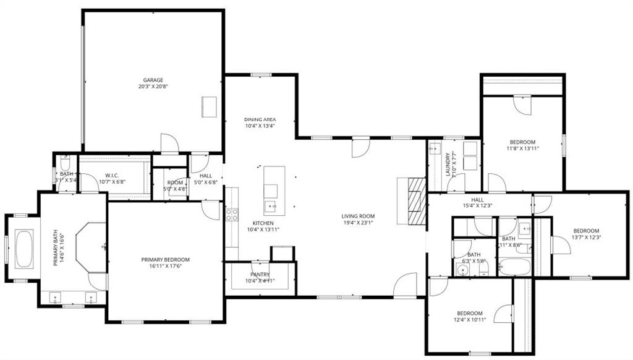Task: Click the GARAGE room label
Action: coord(153,80)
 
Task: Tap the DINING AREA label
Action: coord(260,119)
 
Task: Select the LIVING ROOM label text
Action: coord(359,216)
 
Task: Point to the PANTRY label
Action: coord(260,274)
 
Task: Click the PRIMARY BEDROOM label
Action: coord(165,260)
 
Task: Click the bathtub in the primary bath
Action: coord(24,249)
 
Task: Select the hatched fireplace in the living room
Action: coord(417,201)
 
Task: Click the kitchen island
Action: coord(274,190)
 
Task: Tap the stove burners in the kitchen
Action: coord(232,214)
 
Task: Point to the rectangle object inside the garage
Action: coord(209,107)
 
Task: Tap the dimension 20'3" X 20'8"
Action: coord(153,87)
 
